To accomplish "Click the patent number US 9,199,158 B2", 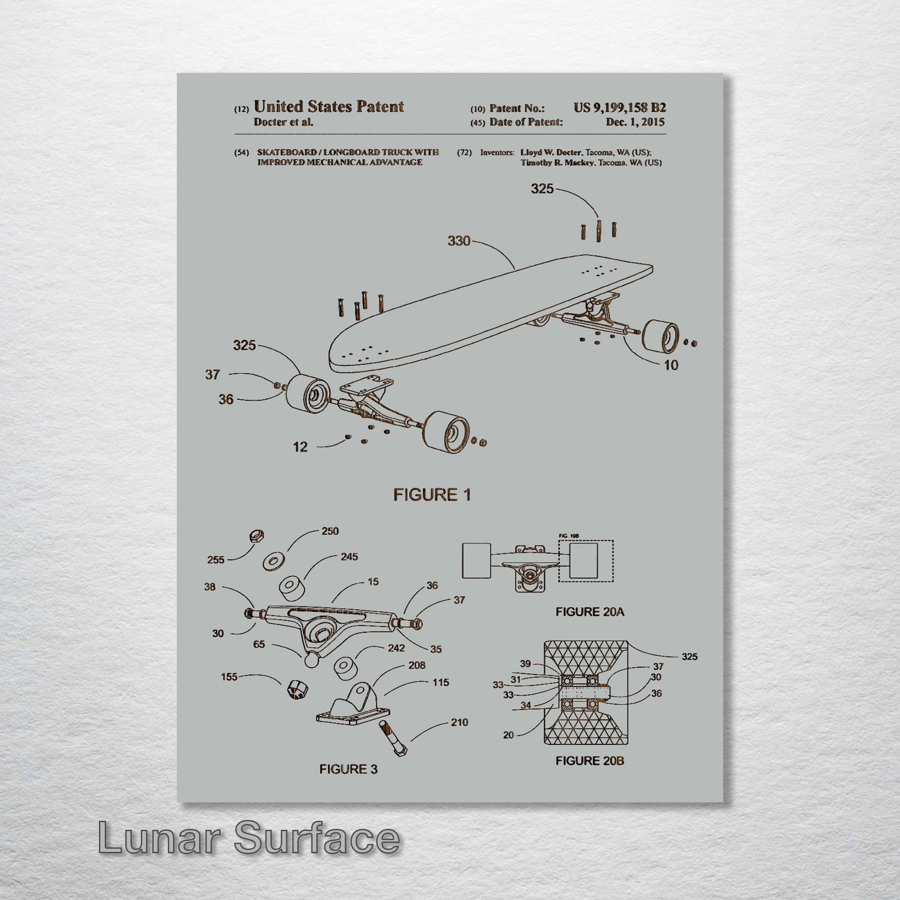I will click(x=619, y=108).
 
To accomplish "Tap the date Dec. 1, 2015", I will click(x=635, y=122).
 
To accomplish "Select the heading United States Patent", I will click(x=328, y=107).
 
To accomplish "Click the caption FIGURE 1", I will click(x=432, y=495).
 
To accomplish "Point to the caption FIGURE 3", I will click(x=348, y=769).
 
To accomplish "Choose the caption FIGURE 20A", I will click(x=589, y=612).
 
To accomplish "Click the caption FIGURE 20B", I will click(x=589, y=760).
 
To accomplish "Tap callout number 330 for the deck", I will click(x=459, y=241).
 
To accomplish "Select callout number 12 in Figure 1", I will click(x=301, y=447).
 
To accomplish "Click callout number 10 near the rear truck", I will click(x=671, y=365).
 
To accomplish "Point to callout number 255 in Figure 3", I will click(x=216, y=560).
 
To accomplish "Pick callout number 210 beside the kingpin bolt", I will click(x=459, y=723).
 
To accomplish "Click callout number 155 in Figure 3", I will click(x=229, y=677).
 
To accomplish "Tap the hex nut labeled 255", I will click(x=256, y=536).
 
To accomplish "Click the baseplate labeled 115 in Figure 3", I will click(x=353, y=707).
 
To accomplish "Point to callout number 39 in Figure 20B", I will click(x=525, y=664).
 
